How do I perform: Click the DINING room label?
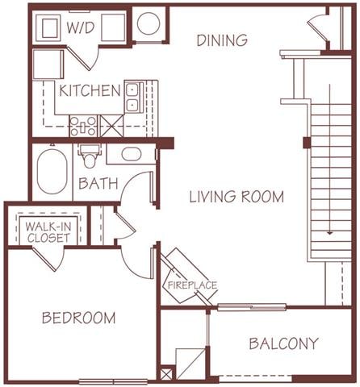click(x=222, y=40)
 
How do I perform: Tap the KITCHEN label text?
click(x=89, y=89)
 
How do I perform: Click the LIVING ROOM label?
click(x=237, y=196)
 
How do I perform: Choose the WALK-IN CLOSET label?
click(x=48, y=232)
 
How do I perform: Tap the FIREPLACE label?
click(x=192, y=285)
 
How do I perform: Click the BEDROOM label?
click(x=78, y=318)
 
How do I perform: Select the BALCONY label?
click(x=283, y=343)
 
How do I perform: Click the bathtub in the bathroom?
click(x=52, y=169)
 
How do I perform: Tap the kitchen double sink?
click(x=133, y=96)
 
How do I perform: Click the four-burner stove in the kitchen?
click(x=83, y=125)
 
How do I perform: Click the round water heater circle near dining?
click(x=149, y=24)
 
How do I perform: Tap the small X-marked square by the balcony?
click(x=167, y=374)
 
